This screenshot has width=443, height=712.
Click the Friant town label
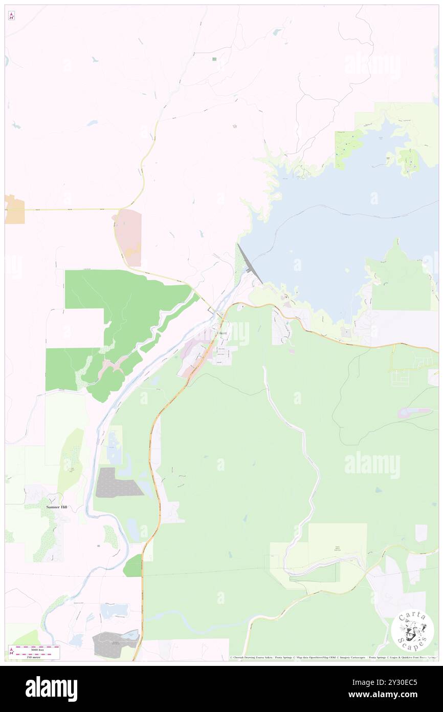(x=221, y=333)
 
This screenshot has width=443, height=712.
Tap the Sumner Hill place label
(x=57, y=507)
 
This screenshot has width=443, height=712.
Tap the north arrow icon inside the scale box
(x=12, y=652)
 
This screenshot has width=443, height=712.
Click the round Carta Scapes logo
(x=412, y=631)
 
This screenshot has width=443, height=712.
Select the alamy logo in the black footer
(x=51, y=689)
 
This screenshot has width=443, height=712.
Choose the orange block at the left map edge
(x=15, y=209)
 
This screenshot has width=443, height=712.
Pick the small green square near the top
(x=214, y=59)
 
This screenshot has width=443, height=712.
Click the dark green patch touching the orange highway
(x=133, y=566)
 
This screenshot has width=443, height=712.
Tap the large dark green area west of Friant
(x=128, y=312)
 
